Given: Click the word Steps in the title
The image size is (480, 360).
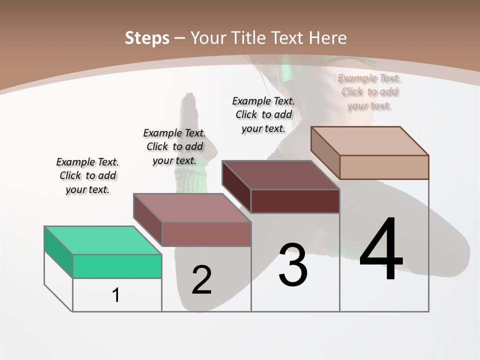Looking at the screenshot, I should point(147,38).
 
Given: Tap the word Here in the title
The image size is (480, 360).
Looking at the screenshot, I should point(327,38).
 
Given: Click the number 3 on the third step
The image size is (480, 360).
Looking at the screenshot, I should point(293,265).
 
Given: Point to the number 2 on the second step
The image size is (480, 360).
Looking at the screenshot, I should point(202,280).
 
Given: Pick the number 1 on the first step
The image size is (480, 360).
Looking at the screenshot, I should point(116,295).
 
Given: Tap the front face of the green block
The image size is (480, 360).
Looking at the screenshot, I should point(117,266).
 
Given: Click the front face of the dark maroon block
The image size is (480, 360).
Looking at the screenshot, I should point(295,201).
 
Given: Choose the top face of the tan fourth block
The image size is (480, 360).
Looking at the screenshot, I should point(370,140).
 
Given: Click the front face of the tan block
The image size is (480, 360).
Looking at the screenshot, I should point(384,167).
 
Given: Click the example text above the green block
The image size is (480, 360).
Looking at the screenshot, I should point(87,175).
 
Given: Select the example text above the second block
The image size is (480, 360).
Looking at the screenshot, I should point(174,146).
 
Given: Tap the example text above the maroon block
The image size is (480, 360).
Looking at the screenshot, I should point(263,114).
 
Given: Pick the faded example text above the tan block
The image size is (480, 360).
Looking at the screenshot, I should point(369,91).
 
